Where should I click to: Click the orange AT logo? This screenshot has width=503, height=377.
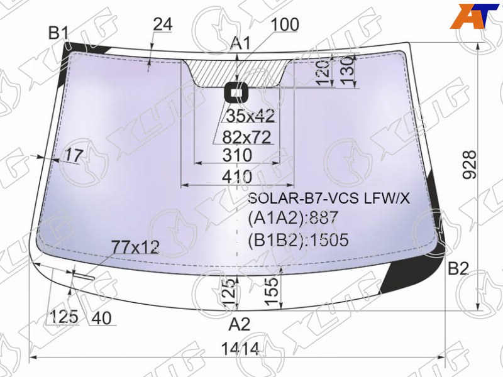[473, 16]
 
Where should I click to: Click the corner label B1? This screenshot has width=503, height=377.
[59, 33]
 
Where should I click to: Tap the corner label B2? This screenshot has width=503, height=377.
[458, 269]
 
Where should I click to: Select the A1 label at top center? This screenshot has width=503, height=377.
[241, 43]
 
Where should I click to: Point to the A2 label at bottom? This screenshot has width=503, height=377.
[240, 324]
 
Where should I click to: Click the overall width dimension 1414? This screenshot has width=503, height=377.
[240, 349]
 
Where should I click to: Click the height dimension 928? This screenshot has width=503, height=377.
[470, 165]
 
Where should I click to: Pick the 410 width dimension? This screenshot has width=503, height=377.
[238, 177]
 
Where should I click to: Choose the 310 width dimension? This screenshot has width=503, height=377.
[238, 155]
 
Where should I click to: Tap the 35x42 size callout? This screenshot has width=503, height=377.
[251, 116]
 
